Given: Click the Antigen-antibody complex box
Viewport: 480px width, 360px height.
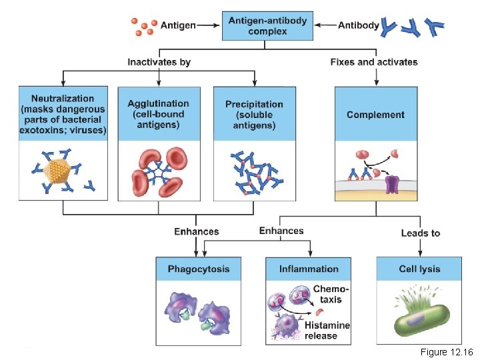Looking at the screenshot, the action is pos(267,26).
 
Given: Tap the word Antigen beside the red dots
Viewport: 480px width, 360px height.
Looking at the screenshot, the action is pos(178,25).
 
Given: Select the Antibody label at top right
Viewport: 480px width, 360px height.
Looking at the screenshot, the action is pos(359,25).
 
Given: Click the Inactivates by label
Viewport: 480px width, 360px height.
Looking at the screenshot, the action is pos(159,62).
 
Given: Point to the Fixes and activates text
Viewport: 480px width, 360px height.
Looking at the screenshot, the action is pos(374,62).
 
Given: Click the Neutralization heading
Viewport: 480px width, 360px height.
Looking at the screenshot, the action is pos(63,99).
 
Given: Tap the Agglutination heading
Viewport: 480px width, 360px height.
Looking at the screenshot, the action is pos(158,104).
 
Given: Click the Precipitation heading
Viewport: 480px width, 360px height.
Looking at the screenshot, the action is pos(254,105).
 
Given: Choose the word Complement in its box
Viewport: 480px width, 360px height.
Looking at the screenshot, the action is pos(375,115).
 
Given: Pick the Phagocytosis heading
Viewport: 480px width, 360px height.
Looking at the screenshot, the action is pos(199,269).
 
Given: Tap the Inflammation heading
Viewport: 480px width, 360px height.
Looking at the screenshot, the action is pos(309,269).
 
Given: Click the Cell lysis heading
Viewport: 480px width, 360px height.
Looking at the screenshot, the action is pos(419,269).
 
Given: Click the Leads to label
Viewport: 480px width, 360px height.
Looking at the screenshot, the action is pos(421,233).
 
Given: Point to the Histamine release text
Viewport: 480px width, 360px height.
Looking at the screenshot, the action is pos(327,330).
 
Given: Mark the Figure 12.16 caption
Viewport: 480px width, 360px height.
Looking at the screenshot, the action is pos(447,352).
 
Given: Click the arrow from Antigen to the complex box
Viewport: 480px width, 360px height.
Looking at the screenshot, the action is pos(207,25).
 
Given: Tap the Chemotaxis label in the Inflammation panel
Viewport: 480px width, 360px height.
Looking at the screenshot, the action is pos(331,294).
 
